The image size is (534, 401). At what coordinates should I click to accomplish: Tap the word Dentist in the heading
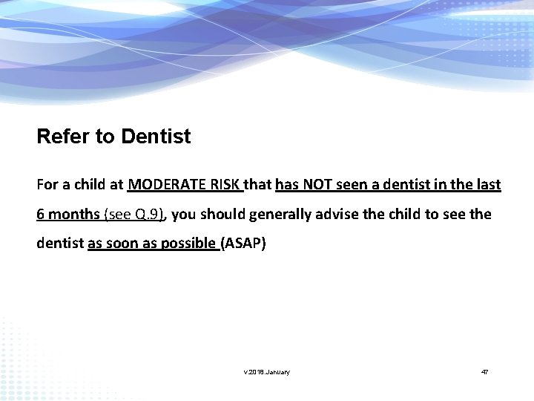pyautogui.click(x=156, y=137)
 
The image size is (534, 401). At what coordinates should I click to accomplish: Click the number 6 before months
pyautogui.click(x=41, y=215)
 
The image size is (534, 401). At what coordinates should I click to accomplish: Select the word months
pyautogui.click(x=74, y=215)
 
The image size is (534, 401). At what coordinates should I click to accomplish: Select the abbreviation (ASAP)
pyautogui.click(x=243, y=244)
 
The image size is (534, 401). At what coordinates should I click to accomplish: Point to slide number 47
pyautogui.click(x=484, y=371)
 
